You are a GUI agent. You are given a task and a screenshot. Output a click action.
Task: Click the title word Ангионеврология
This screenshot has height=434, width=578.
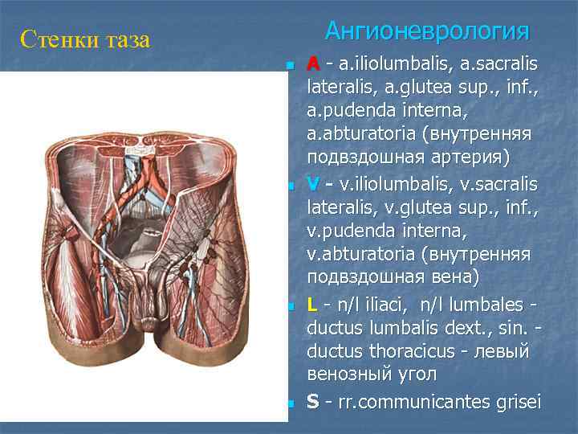[427, 32]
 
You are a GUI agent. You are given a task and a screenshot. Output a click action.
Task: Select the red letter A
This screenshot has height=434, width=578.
[313, 63]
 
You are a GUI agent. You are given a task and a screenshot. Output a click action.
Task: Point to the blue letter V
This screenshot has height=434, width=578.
[313, 185]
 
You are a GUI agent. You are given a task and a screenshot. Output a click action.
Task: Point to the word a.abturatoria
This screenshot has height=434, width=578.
[361, 131]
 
